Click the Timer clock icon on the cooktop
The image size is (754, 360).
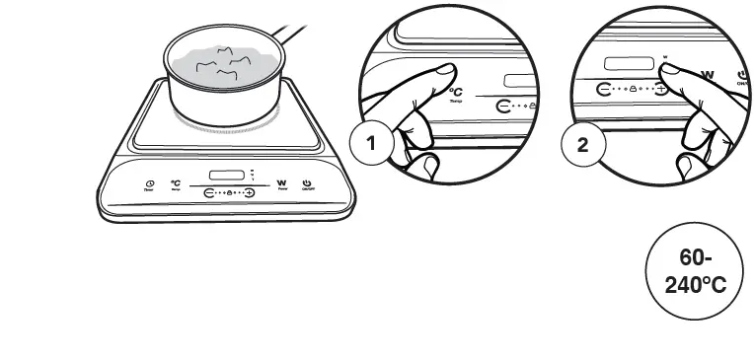[x=149, y=184]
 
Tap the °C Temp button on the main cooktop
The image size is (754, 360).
[x=175, y=182]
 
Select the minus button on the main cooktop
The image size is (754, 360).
[x=209, y=193]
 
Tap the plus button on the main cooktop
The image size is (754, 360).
[x=249, y=193]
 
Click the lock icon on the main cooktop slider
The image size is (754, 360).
[x=229, y=193]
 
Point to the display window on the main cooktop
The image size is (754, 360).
[x=228, y=175]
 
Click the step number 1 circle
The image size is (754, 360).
[x=372, y=144]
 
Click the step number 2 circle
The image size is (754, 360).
[x=582, y=144]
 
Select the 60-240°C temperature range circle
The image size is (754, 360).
[x=691, y=271]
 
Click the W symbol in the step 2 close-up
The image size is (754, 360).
[x=707, y=73]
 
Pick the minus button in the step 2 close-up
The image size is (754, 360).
[x=604, y=88]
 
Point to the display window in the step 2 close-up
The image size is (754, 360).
[x=629, y=63]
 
